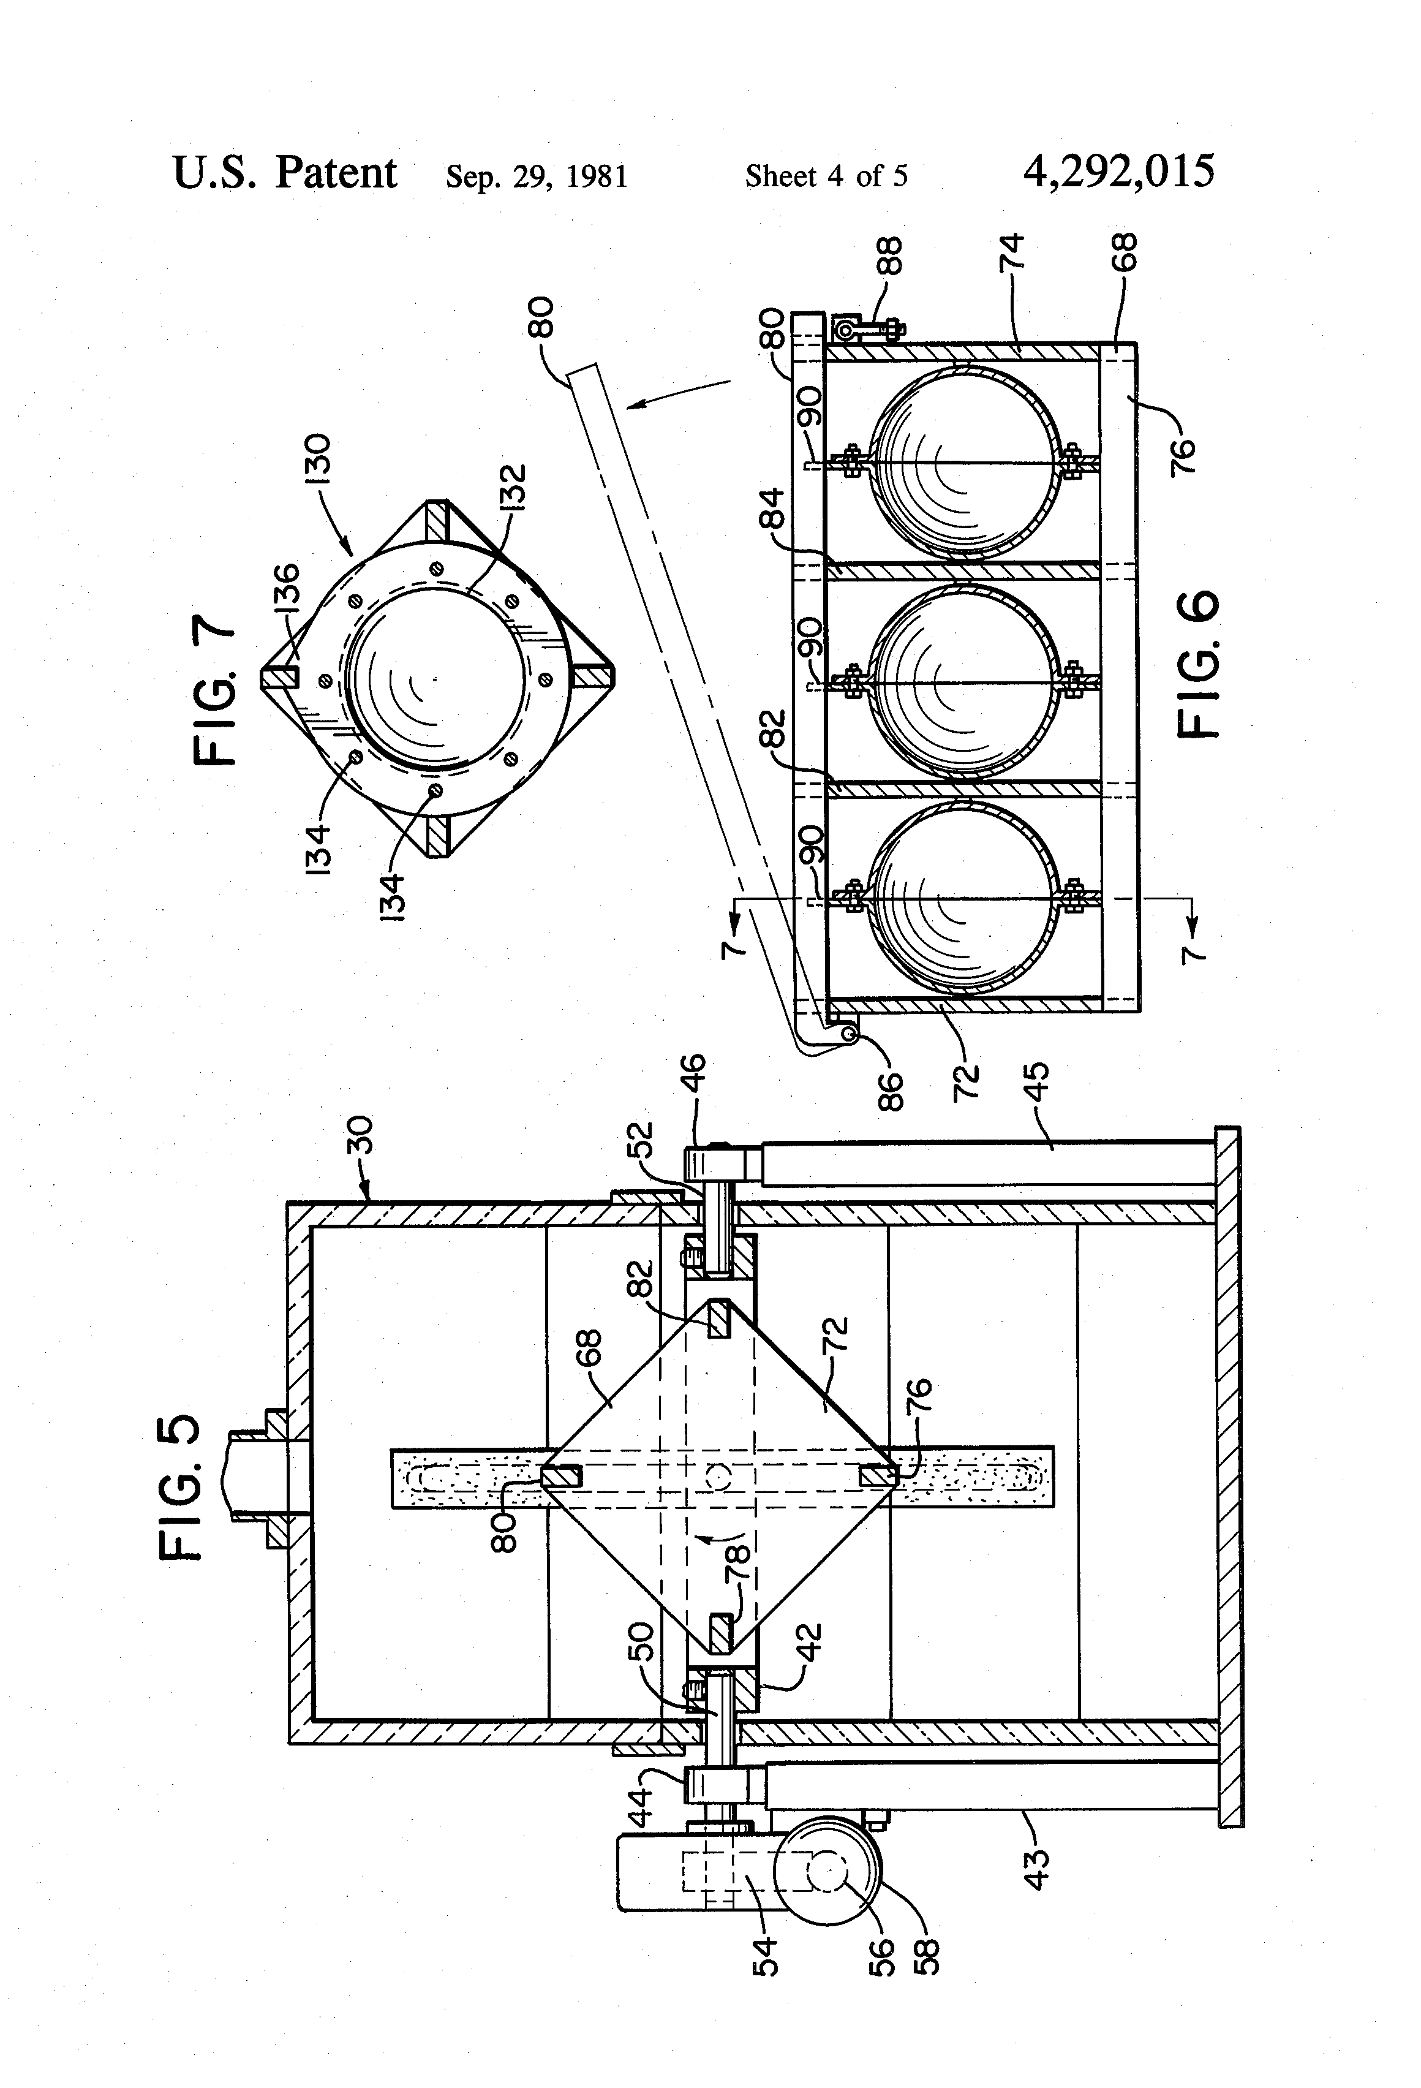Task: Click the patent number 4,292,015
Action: (x=1118, y=171)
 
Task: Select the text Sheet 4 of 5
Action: (x=826, y=175)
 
